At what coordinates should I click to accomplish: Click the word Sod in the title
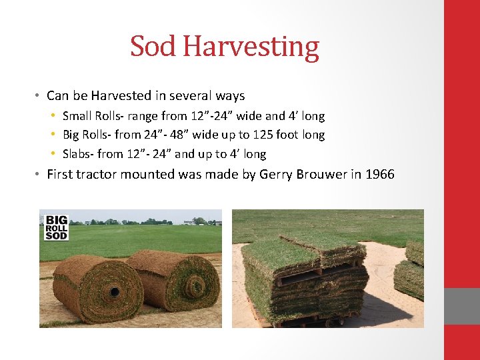(x=153, y=47)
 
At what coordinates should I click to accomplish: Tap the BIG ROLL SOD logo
(x=56, y=227)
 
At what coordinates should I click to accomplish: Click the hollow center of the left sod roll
(x=114, y=291)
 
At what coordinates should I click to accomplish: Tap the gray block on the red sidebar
(x=462, y=306)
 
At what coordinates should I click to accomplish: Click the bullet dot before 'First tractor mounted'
(x=39, y=175)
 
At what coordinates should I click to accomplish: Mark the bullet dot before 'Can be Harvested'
(x=39, y=96)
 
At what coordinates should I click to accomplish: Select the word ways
(x=230, y=96)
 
